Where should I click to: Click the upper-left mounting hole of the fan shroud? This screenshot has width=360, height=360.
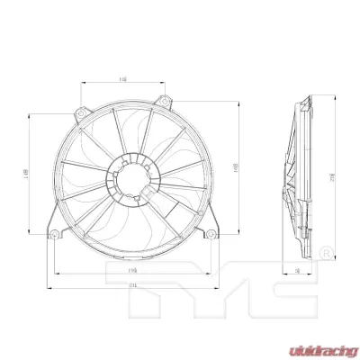click(82, 116)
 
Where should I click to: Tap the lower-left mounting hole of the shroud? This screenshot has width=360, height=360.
click(55, 236)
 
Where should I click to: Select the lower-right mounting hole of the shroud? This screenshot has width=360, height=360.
click(212, 236)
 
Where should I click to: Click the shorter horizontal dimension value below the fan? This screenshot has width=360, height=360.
click(132, 268)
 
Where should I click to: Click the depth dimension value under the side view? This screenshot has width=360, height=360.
click(297, 269)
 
